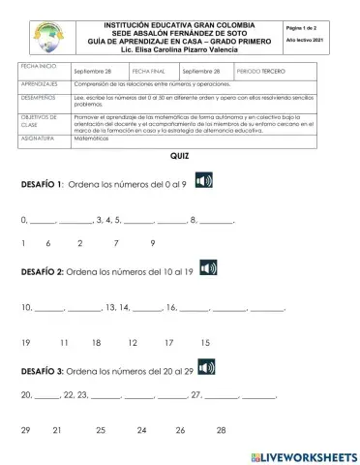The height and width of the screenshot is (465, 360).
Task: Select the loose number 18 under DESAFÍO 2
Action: point(97,343)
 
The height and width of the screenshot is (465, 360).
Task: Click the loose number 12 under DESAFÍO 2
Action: point(132,343)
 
